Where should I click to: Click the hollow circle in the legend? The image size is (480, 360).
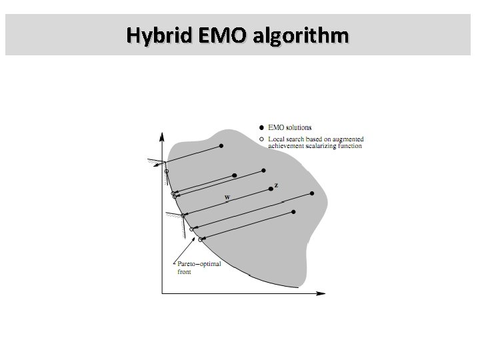pos(261,139)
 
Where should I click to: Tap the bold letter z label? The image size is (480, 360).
pos(277,184)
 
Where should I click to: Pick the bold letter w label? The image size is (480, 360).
pos(227,197)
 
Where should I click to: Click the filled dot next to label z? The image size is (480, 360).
pos(270,189)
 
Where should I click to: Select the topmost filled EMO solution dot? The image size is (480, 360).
pos(221,146)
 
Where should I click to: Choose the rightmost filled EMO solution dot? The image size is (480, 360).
pos(312,193)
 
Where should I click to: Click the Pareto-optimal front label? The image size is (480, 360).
pos(198,268)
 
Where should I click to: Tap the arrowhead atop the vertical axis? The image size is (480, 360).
pos(161,135)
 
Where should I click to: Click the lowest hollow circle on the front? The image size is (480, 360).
pos(200,239)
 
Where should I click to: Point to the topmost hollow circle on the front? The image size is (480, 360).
pos(167,172)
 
